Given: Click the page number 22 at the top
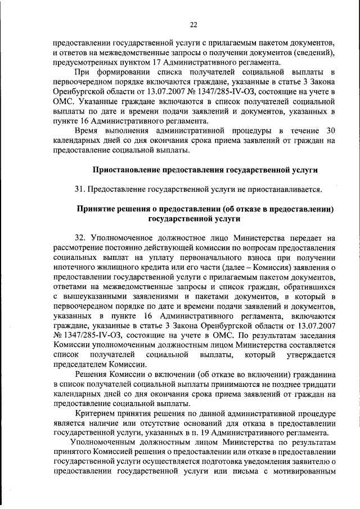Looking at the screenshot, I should pyautogui.click(x=193, y=25).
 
